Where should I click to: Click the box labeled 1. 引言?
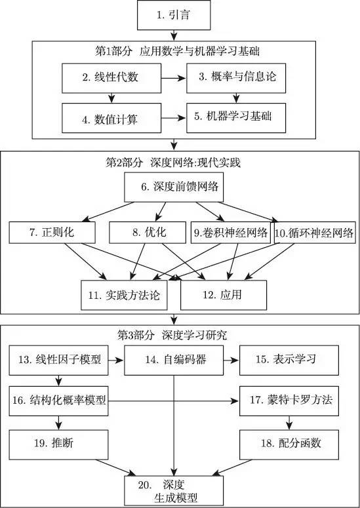coord(174,15)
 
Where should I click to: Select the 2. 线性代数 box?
coord(111,78)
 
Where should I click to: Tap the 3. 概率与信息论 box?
coord(236,78)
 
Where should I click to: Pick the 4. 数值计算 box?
coord(111,118)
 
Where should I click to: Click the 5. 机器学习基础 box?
coord(236,118)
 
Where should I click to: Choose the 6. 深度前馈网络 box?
coord(174,187)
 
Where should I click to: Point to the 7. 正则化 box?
coord(52,232)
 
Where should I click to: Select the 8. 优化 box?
coord(148,232)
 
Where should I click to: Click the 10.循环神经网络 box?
coord(315,232)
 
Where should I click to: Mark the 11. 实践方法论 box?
coord(124,295)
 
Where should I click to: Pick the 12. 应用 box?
coord(224,295)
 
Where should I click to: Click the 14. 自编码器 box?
coord(174,361)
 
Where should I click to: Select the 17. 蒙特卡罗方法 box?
coord(289,401)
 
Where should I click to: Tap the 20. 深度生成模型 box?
coord(174,491)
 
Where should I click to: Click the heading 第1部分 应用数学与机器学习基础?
coord(177,52)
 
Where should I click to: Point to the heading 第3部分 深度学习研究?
coord(172,336)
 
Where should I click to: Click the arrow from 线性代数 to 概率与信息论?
coord(174,78)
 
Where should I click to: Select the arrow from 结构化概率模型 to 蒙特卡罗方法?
coord(174,401)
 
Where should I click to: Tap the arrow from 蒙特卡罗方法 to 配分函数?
coord(289,423)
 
